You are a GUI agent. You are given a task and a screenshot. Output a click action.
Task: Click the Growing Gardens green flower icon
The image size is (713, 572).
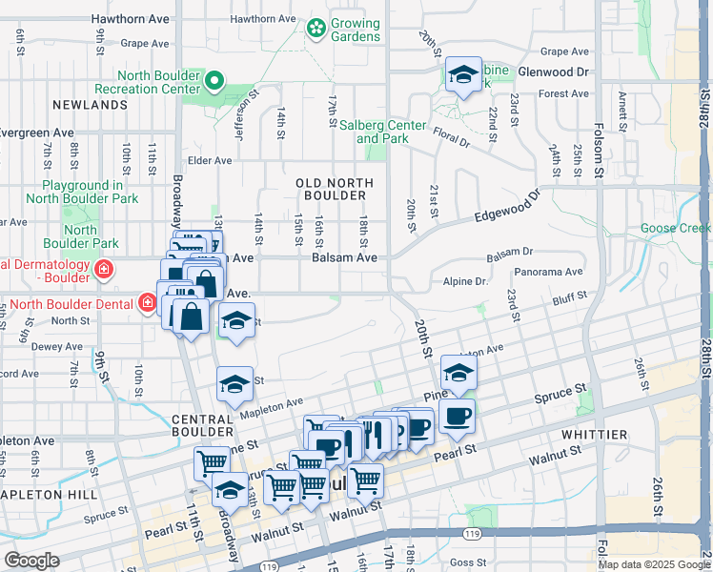click(316, 31)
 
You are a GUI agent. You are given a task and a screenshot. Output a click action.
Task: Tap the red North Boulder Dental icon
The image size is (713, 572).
click(147, 304)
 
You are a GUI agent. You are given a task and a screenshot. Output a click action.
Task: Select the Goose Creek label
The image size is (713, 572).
click(675, 228)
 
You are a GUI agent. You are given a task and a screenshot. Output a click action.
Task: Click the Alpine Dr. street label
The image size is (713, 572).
click(466, 281)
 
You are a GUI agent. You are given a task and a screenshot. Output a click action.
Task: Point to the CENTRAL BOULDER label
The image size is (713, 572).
click(202, 426)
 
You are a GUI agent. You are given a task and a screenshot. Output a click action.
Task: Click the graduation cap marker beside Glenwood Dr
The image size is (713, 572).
click(464, 76)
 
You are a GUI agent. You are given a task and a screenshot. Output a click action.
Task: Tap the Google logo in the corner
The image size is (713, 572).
click(31, 560)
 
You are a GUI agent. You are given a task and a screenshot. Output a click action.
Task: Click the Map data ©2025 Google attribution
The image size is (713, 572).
click(654, 564)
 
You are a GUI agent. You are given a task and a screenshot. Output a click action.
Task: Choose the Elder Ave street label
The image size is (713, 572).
click(210, 161)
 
